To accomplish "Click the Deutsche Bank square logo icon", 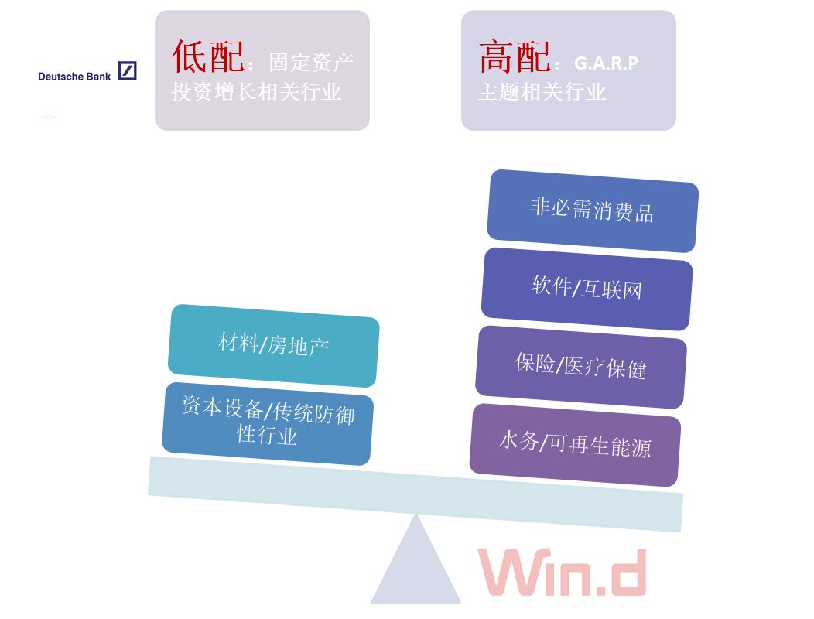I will point(128,71).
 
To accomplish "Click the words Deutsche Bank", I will point(74,77).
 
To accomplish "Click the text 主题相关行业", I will point(542,92).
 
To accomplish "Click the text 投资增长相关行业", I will point(256,92).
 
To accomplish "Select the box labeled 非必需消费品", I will point(593,210).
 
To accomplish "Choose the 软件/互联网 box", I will point(587,288).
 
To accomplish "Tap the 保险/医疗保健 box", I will point(580,366).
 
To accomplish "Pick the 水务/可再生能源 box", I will point(575,444).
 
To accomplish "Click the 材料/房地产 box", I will point(273,344).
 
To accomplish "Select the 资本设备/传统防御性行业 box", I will point(268,422).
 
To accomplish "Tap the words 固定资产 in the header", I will point(311,63).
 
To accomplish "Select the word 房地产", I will point(299,346).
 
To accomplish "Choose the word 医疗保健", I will point(605,368).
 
